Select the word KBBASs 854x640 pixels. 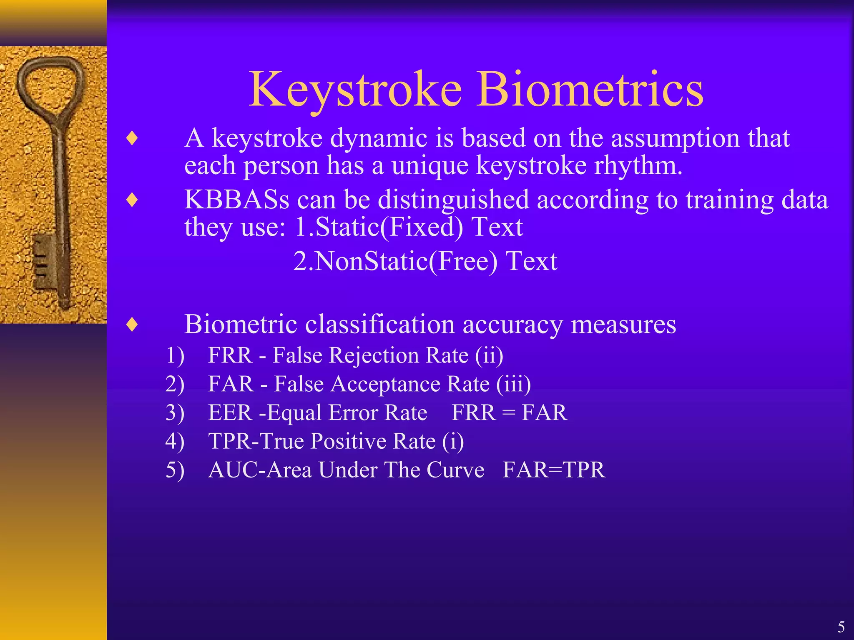236,200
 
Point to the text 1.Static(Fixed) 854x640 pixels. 379,227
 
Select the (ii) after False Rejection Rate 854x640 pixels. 489,355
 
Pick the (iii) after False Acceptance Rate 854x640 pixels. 513,384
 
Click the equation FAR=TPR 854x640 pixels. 553,470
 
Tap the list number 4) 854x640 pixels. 175,442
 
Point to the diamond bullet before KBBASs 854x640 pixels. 132,200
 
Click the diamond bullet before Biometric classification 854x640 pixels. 132,325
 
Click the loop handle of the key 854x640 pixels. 50,83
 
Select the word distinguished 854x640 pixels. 453,200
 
